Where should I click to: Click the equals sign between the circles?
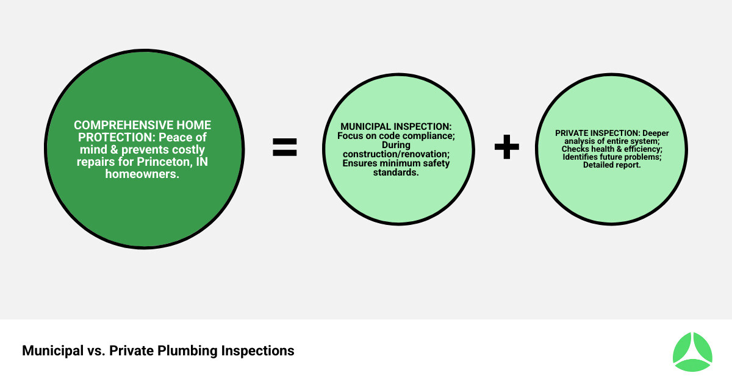285,147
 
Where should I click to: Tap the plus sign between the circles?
506,147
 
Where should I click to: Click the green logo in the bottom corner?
692,352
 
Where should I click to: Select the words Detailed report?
612,165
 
